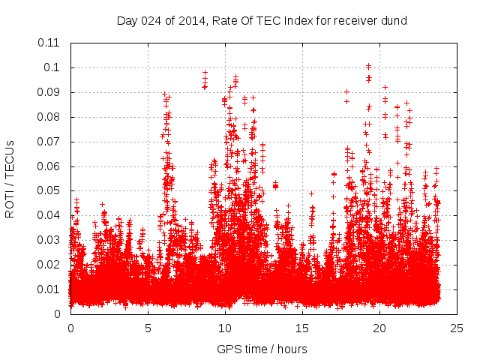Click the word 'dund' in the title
pos(394,20)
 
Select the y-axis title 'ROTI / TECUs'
pos(10,178)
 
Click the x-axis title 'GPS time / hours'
pos(262,349)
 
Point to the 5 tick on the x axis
pos(148,328)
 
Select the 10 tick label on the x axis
pos(225,328)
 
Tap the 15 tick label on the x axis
pos(302,328)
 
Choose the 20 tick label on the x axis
pos(379,328)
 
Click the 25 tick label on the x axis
pos(457,328)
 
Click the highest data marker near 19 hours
pos(368,66)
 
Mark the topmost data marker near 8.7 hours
pos(205,73)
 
